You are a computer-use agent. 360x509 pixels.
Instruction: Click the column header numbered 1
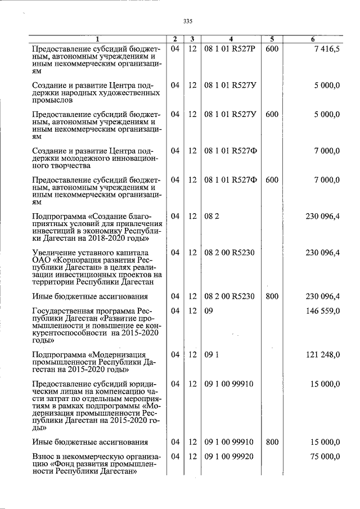pos(97,39)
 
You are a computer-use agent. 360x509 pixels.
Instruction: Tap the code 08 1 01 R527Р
pos(230,49)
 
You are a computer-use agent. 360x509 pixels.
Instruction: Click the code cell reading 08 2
pos(211,216)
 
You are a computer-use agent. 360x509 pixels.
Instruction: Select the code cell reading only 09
pos(209,311)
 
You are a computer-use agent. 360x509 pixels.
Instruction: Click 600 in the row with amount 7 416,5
pos(272,49)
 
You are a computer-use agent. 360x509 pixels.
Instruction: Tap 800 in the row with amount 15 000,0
pos(272,442)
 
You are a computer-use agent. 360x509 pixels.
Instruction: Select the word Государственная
pos(62,311)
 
